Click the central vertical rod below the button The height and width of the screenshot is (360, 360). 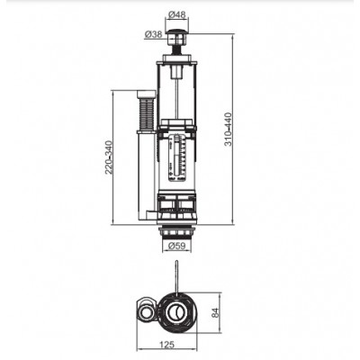coord(176,81)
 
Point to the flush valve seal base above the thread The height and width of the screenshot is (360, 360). coord(176,211)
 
